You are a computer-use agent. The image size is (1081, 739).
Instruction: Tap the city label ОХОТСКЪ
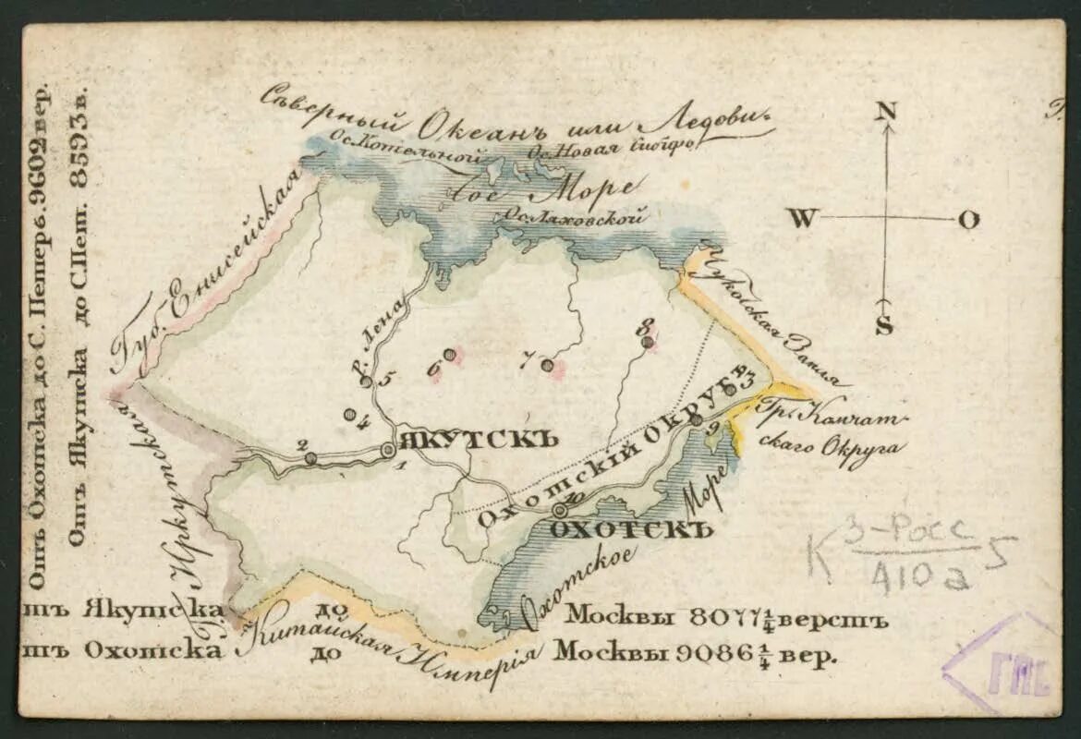coord(632,530)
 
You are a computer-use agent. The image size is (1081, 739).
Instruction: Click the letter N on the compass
coord(886,111)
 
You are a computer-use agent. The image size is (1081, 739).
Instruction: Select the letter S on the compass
coord(884,325)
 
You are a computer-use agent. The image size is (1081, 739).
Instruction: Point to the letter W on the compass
coord(803,219)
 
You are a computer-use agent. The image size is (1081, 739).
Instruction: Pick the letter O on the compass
coord(968,220)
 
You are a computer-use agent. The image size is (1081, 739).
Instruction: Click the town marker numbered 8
coord(648,342)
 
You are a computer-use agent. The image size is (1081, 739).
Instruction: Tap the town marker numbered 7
coord(547,365)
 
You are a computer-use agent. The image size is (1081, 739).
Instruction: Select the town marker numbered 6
coord(449,354)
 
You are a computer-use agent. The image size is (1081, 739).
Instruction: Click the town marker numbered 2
coord(310,458)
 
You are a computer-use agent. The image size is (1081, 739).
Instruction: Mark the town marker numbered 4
coord(349,415)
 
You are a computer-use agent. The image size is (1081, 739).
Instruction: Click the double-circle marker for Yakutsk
coord(388,450)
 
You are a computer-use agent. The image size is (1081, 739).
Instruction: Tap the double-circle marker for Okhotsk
coord(559,509)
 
